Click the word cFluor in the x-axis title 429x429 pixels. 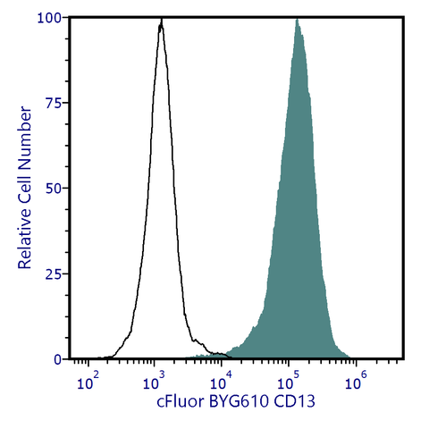[x=180, y=403]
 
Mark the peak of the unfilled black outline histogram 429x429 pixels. [x=161, y=21]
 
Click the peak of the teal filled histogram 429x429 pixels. [x=298, y=19]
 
